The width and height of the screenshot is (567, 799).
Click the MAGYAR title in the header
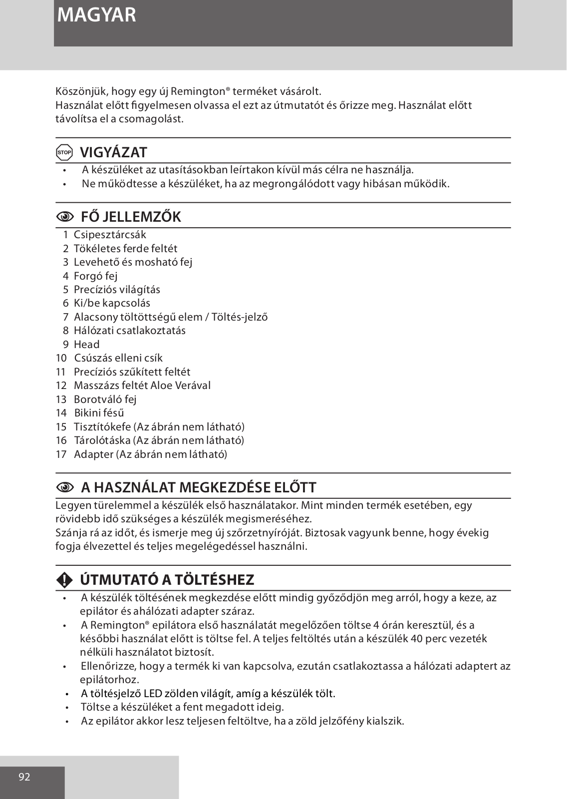[x=96, y=15]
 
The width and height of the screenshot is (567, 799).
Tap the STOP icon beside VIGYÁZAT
[x=65, y=152]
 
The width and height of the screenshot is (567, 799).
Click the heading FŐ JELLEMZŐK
[x=131, y=217]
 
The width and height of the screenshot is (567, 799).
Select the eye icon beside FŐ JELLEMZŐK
[x=65, y=217]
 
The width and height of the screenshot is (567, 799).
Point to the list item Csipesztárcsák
[x=110, y=235]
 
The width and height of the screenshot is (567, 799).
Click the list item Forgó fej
[x=95, y=276]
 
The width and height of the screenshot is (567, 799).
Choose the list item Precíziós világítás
[x=117, y=290]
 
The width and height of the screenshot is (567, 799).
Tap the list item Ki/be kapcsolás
[x=112, y=303]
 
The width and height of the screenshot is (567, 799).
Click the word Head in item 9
[x=87, y=345]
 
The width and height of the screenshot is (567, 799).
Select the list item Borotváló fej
[x=105, y=399]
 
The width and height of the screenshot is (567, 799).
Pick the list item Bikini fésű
[x=99, y=413]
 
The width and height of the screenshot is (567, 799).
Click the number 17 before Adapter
[x=61, y=454]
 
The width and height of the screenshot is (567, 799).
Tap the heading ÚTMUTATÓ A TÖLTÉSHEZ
[x=167, y=580]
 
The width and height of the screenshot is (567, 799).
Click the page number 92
[x=24, y=777]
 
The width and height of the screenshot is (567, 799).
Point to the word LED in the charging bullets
[x=150, y=694]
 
